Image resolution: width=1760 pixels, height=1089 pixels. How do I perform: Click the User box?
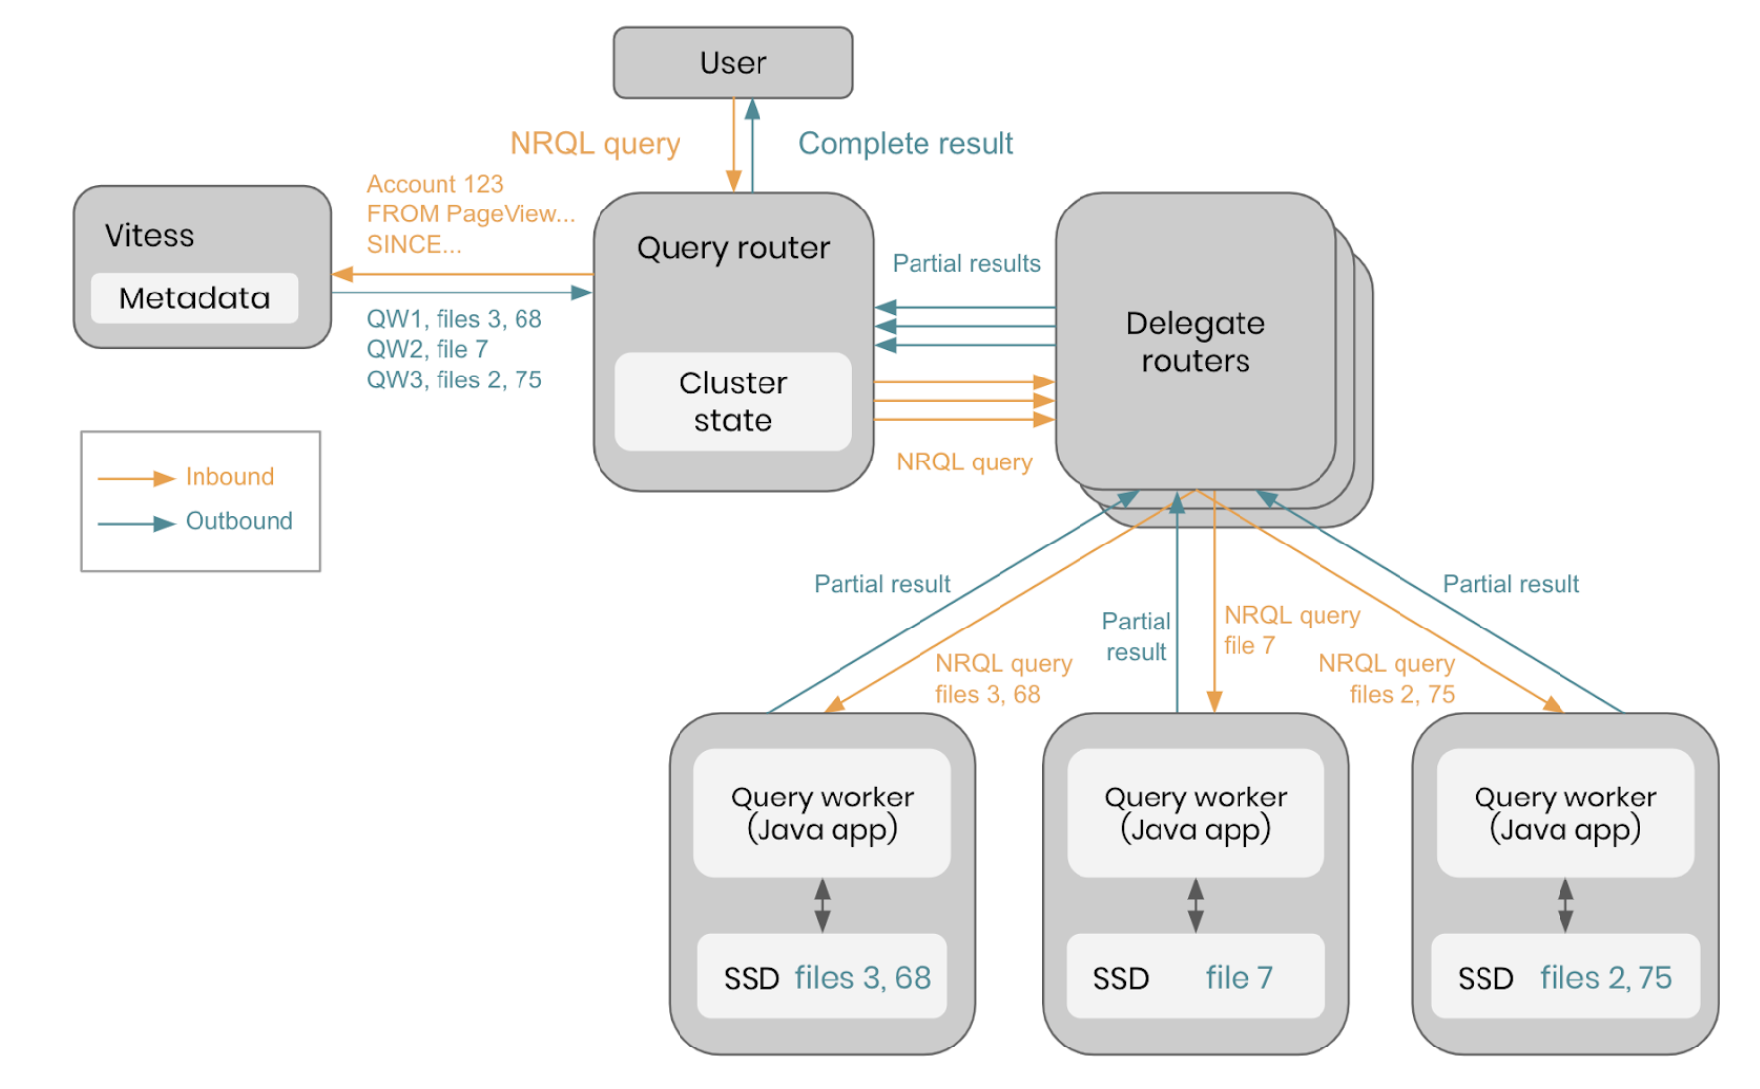(733, 62)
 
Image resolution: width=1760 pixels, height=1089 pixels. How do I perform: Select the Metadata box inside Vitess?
(195, 297)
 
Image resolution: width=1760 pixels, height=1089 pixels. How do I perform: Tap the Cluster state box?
(733, 401)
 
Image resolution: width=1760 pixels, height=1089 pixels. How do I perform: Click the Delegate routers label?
(1195, 342)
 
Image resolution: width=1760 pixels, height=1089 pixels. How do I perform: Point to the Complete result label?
(906, 144)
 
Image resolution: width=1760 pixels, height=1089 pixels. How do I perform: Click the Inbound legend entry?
(229, 477)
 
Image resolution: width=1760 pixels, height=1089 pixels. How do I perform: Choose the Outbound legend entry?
(239, 521)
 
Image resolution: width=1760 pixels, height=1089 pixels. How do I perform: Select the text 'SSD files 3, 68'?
(827, 978)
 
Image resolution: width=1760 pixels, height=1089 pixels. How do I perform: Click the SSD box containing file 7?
(1195, 976)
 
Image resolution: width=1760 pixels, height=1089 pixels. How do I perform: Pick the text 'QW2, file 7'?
(428, 349)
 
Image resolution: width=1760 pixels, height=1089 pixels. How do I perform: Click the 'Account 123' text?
(435, 184)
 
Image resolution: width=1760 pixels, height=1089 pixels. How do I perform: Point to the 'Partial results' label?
(966, 264)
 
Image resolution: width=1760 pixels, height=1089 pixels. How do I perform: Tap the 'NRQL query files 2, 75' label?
(1388, 678)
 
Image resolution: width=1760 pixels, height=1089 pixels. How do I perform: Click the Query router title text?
(733, 248)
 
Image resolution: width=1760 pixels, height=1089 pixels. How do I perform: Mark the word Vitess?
(149, 236)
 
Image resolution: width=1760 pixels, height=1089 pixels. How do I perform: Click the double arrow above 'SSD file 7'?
(1195, 905)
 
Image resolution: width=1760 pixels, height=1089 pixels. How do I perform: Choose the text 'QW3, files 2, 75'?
(454, 380)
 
